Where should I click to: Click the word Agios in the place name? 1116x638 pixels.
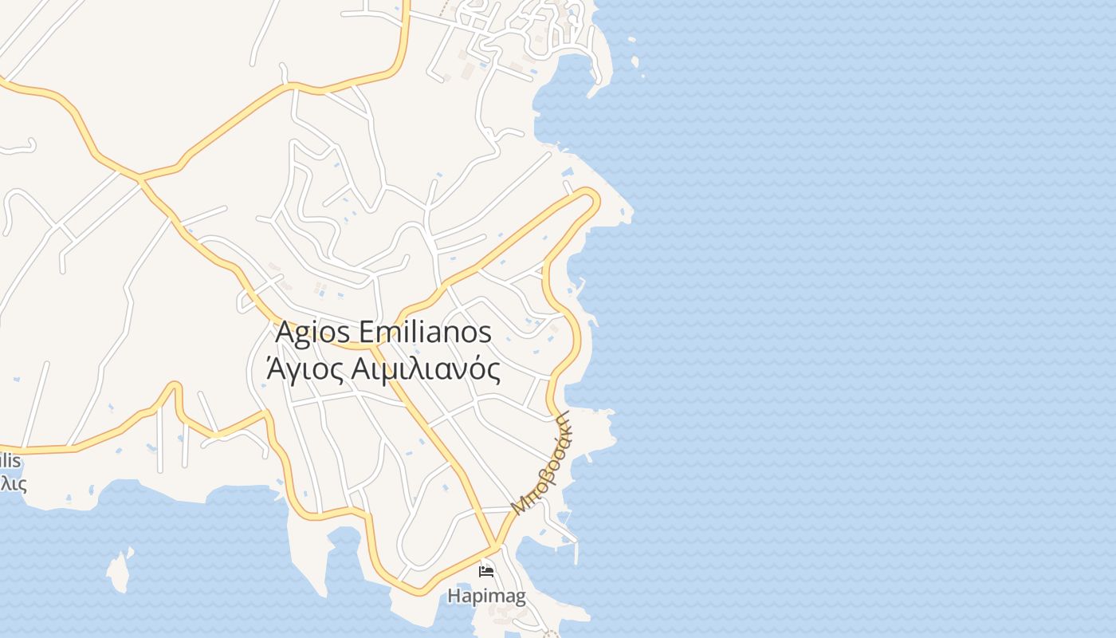point(313,333)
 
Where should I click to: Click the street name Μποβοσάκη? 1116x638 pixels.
point(540,463)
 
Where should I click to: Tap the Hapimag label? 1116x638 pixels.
point(486,596)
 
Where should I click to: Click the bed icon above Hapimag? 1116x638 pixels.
point(486,571)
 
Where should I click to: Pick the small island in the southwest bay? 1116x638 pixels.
point(120,570)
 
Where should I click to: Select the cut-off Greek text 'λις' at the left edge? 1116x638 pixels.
point(13,483)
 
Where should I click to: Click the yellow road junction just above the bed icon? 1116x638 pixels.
point(497,547)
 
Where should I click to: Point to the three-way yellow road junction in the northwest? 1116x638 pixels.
point(140,178)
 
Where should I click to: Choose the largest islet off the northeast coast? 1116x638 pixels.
point(635,62)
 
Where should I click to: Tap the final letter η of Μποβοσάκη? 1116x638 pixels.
point(564,417)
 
